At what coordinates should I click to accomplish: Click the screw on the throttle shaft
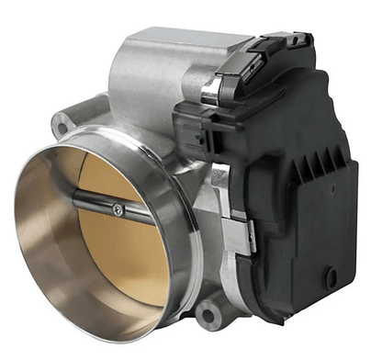click(117, 210)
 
